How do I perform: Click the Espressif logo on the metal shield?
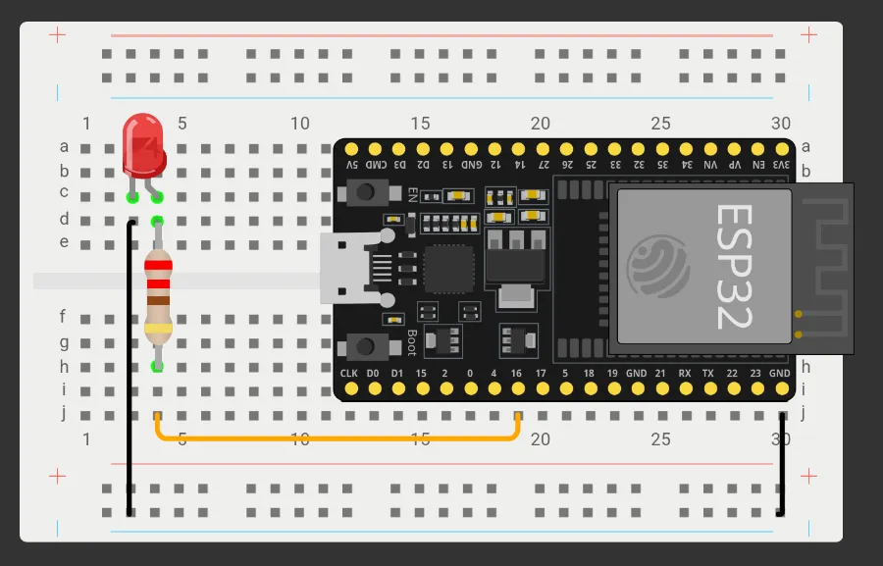pos(658,265)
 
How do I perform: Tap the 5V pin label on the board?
pos(352,165)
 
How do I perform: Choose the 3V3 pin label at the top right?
pos(781,165)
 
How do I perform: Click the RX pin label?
pos(684,374)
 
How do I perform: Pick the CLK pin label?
pos(349,374)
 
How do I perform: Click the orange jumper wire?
pos(334,437)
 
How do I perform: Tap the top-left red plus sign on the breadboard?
pos(57,35)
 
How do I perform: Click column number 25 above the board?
pos(660,124)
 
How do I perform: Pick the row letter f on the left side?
pos(63,317)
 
